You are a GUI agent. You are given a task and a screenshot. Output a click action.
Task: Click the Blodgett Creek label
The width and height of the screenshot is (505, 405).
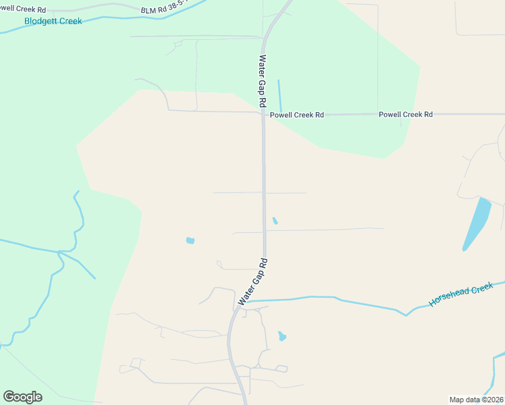click(53, 21)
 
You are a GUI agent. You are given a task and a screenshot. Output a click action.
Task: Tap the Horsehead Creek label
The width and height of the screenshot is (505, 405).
click(461, 296)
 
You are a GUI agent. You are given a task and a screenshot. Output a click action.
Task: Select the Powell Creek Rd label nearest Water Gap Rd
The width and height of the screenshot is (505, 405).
click(296, 115)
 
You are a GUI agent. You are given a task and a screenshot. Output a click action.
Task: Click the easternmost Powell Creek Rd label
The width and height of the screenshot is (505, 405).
click(405, 115)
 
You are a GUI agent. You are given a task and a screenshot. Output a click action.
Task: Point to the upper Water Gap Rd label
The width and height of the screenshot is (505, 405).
click(263, 80)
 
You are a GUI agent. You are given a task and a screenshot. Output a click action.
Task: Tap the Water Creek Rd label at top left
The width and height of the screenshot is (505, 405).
click(23, 10)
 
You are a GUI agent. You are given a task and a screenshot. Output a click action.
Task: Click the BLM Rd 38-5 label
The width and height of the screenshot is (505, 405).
click(165, 11)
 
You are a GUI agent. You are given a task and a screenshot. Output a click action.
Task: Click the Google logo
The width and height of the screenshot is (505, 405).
click(22, 397)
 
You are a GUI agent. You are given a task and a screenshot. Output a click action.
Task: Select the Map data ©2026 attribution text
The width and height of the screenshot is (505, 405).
click(477, 399)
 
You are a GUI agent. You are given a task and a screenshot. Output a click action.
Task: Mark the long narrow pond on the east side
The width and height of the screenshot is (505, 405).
click(477, 223)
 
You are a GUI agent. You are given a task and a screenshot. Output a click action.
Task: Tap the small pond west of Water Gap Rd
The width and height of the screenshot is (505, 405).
click(190, 240)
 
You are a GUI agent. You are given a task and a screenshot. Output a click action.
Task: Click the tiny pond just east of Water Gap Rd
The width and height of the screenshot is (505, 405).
click(275, 221)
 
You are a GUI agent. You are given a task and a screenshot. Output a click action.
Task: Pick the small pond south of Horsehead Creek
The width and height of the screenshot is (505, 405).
click(282, 336)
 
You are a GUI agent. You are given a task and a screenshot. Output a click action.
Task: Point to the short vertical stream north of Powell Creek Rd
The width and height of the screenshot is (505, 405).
click(280, 97)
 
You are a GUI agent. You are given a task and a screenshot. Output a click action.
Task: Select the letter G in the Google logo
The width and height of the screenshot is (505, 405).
click(9, 396)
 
